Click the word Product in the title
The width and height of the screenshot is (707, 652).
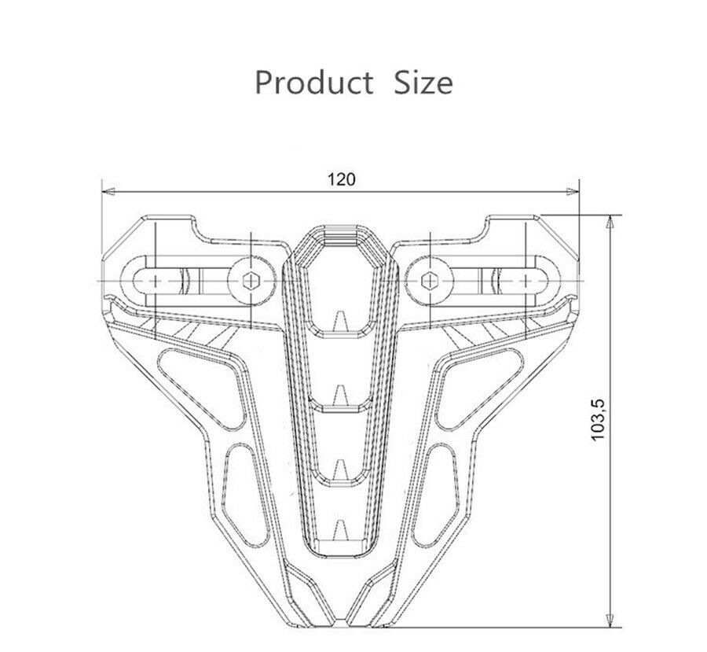pyautogui.click(x=313, y=83)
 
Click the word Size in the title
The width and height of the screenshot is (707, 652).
pyautogui.click(x=423, y=83)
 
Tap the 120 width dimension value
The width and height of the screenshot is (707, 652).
pyautogui.click(x=341, y=179)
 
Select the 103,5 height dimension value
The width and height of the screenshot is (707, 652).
pyautogui.click(x=599, y=420)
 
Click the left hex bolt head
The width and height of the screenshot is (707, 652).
pyautogui.click(x=251, y=281)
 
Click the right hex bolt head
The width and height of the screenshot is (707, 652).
pyautogui.click(x=429, y=281)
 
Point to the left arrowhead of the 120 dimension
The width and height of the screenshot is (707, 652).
pyautogui.click(x=108, y=191)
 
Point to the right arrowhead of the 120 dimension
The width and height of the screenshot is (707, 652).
pyautogui.click(x=573, y=191)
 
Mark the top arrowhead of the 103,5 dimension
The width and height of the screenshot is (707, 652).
pyautogui.click(x=610, y=223)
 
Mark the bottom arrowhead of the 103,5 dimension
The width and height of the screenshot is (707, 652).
pyautogui.click(x=610, y=620)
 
